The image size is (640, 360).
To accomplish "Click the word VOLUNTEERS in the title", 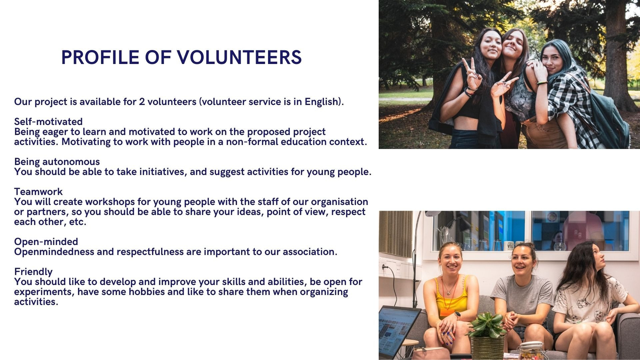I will (x=239, y=57).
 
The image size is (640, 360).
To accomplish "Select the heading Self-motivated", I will (x=48, y=121).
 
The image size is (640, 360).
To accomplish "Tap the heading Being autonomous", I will (x=57, y=162).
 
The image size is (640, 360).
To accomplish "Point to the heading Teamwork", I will (x=38, y=192).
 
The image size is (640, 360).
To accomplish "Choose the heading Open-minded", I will (x=46, y=242).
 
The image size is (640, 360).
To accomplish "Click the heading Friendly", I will (x=33, y=272).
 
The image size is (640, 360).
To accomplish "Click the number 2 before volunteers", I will (x=142, y=102).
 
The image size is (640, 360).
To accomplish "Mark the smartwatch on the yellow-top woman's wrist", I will (x=457, y=315).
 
